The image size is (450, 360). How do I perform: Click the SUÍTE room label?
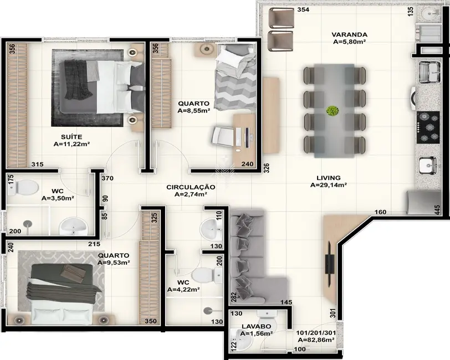71,136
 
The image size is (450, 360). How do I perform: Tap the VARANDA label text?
350,34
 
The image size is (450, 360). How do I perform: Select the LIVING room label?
328,178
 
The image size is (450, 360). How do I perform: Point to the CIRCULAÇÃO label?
191,187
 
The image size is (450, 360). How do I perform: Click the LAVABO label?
257,326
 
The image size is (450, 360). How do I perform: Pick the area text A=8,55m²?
194,111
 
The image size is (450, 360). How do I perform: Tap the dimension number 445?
437,210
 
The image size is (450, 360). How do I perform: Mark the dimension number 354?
303,10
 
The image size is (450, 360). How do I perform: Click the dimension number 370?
107,178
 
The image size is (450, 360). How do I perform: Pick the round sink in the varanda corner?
430,13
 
